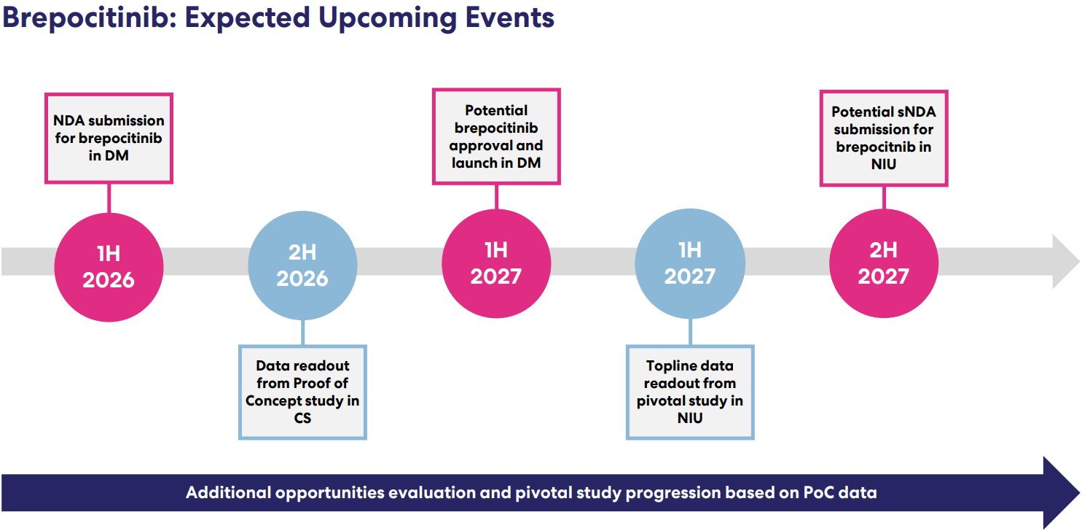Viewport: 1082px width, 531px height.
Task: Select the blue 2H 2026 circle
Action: click(302, 265)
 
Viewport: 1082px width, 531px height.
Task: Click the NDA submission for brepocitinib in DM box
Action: click(109, 138)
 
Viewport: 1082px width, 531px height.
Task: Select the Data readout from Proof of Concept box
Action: click(302, 392)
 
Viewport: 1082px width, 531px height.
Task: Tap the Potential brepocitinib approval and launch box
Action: click(496, 136)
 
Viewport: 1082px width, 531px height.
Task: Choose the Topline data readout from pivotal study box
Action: click(690, 392)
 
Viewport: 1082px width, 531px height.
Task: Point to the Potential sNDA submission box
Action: click(884, 138)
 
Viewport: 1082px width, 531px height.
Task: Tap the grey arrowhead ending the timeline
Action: click(1066, 262)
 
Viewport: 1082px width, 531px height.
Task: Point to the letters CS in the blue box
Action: click(302, 419)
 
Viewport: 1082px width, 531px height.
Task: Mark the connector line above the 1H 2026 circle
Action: click(109, 198)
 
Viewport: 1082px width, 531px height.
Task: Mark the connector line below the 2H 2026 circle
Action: click(302, 333)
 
